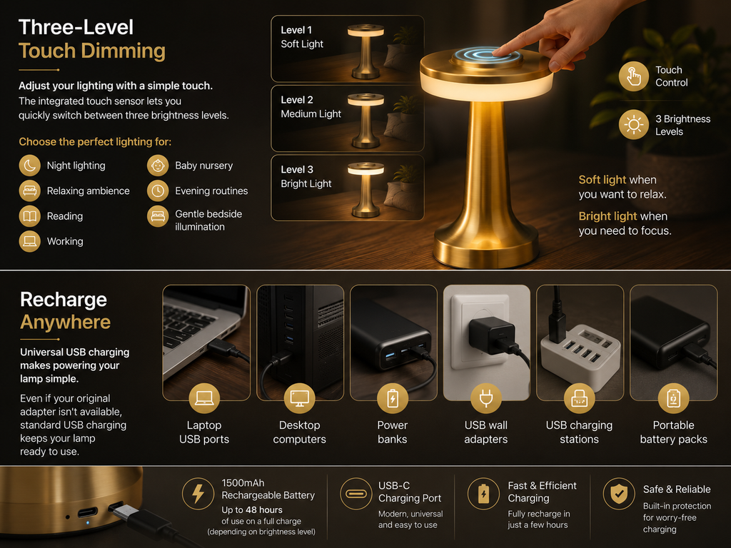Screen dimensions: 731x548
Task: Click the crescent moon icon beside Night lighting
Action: pos(30,166)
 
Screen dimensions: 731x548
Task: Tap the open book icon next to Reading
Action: pos(30,216)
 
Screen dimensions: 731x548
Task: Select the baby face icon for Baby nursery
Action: pos(158,166)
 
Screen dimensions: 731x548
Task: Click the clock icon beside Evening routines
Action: pos(158,191)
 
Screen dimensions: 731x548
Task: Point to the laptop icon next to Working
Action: pos(30,241)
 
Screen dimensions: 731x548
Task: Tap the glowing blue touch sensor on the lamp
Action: pos(485,56)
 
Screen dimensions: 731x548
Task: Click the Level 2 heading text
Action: pos(297,100)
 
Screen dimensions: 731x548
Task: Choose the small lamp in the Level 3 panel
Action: pos(365,190)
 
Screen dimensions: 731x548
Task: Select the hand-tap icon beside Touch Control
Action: pos(634,76)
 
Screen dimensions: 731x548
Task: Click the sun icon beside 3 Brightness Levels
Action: pos(634,124)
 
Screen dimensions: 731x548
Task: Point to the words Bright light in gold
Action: pos(608,216)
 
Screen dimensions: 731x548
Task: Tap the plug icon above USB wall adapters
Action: pos(486,398)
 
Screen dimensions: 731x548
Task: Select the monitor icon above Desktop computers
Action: pos(299,398)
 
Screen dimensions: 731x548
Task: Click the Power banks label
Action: pos(393,432)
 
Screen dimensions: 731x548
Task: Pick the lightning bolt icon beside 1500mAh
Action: pos(198,493)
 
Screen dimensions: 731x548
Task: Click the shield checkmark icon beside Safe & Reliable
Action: pos(619,494)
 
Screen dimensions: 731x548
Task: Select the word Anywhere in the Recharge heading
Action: pos(65,323)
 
